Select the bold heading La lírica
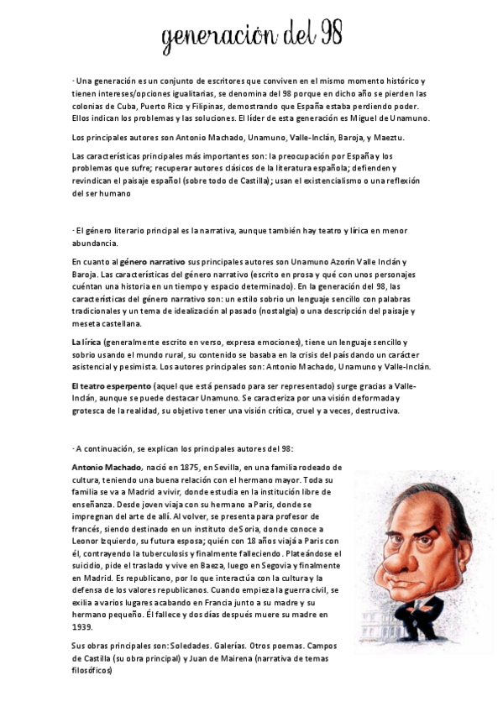tap(88, 343)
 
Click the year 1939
tap(81, 626)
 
